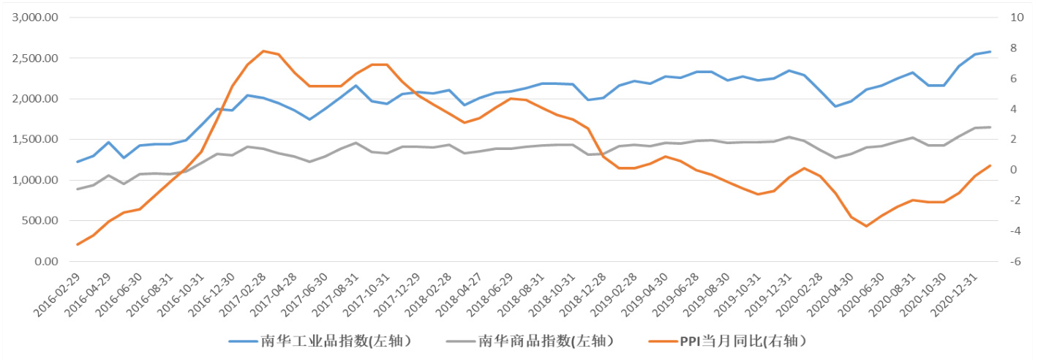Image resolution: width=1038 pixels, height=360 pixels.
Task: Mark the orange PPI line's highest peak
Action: point(263,51)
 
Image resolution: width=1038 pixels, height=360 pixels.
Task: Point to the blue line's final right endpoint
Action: point(990,52)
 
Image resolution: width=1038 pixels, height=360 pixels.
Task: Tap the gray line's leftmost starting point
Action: point(78,190)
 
